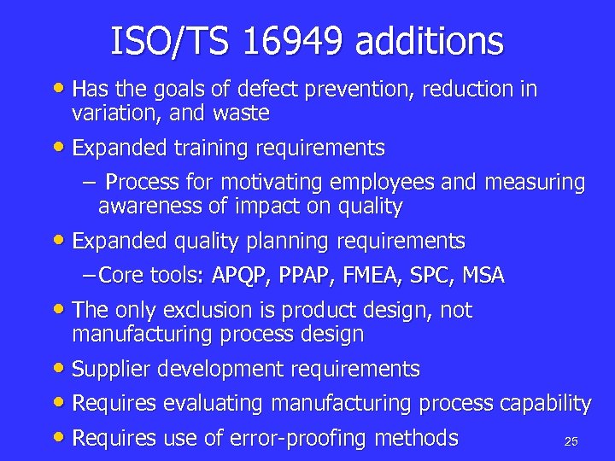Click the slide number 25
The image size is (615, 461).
[571, 441]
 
